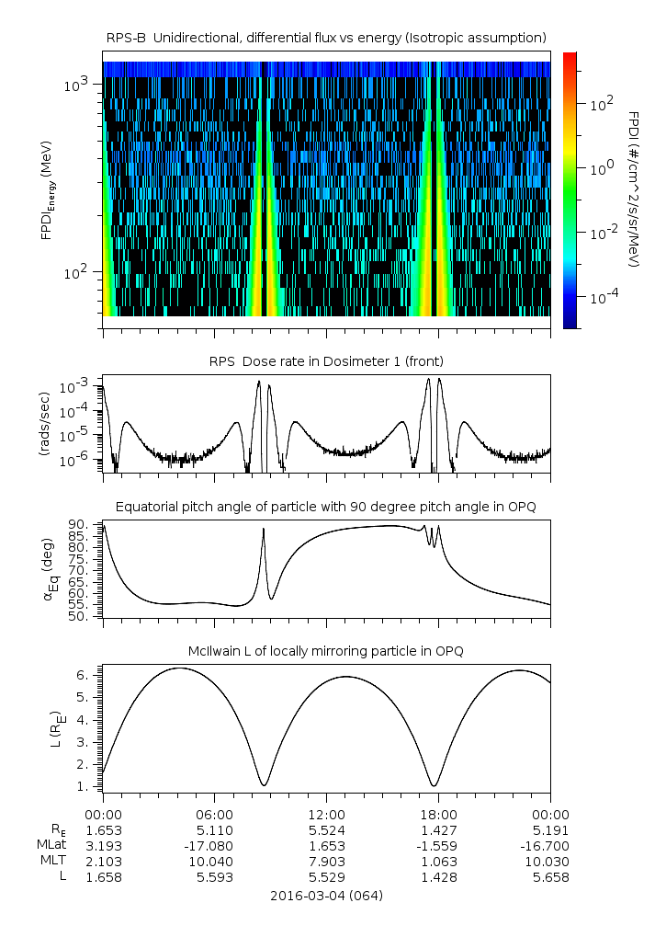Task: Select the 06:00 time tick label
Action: tap(215, 814)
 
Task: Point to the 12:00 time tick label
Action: tap(327, 814)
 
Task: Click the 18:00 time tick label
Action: tap(439, 814)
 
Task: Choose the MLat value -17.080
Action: tap(215, 845)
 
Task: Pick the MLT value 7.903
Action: tap(327, 861)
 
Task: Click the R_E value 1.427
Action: tap(439, 829)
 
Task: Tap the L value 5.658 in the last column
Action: tap(551, 876)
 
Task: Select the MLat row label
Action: tap(51, 845)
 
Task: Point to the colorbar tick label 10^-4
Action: tap(601, 297)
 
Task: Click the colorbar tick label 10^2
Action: tap(602, 104)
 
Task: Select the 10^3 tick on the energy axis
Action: tap(75, 85)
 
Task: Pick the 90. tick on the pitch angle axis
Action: tap(82, 524)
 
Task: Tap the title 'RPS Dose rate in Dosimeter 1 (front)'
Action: tap(327, 360)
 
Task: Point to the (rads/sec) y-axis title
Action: tap(43, 424)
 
